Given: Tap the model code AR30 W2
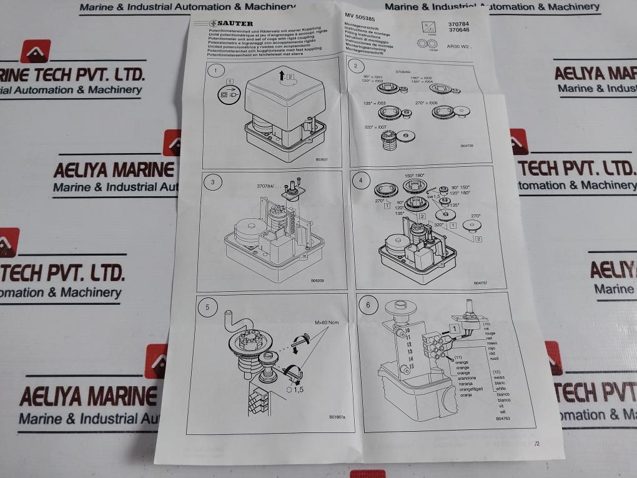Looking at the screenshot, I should pos(462,46).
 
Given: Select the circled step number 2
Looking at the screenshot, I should pos(356,66).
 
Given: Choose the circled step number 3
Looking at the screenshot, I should pos(213,182).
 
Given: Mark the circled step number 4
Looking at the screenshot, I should pos(359,180).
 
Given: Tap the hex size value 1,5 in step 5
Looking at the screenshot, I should pos(297,389).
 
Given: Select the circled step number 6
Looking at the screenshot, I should pos(368,305).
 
